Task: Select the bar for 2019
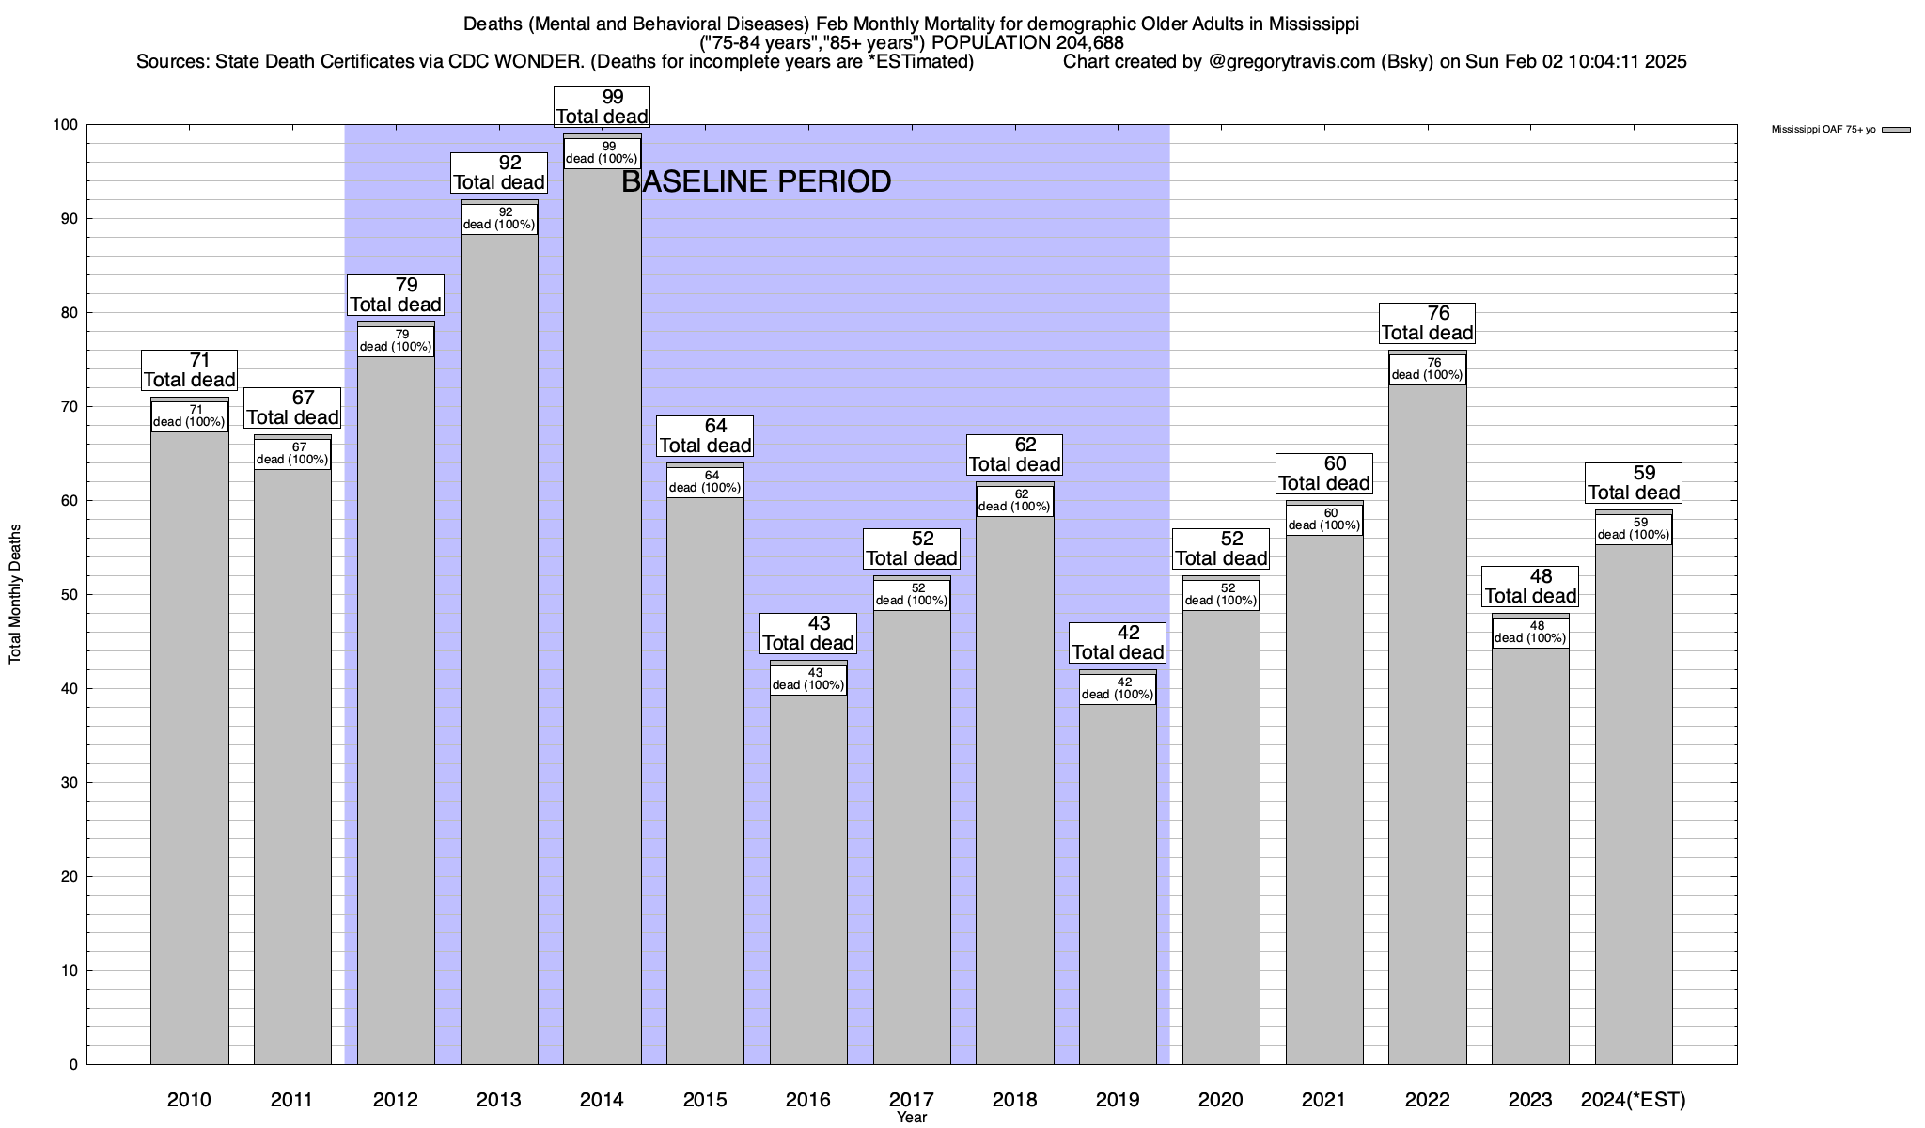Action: coord(1118,884)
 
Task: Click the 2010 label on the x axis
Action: coord(189,1099)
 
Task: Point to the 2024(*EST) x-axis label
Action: coord(1634,1099)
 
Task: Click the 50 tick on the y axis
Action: coord(71,595)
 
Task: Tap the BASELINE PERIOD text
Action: coord(756,181)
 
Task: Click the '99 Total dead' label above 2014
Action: coord(602,106)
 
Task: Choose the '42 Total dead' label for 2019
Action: coord(1119,642)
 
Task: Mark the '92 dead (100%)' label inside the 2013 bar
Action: coord(499,218)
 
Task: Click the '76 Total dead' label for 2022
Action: coord(1427,322)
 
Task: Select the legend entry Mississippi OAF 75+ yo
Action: coord(1823,130)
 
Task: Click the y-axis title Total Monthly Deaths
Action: coord(15,594)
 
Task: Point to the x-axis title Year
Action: coord(911,1118)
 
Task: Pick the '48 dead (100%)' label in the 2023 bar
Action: coord(1530,632)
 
